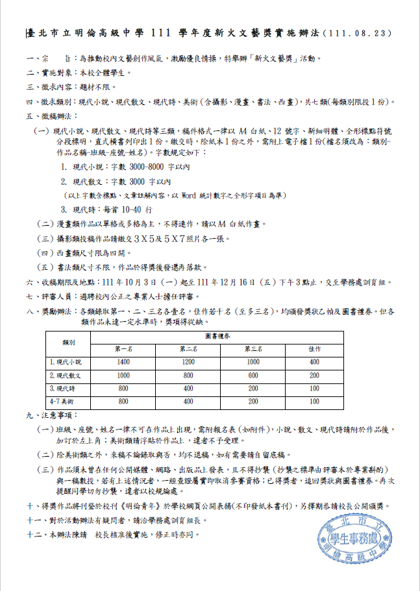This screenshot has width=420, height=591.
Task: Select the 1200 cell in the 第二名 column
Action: [188, 362]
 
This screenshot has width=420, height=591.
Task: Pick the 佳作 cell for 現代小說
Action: [314, 362]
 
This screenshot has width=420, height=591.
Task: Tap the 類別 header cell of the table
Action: [69, 343]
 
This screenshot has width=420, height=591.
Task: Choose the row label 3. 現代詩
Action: [65, 388]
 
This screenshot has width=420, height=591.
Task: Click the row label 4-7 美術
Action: [64, 401]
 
